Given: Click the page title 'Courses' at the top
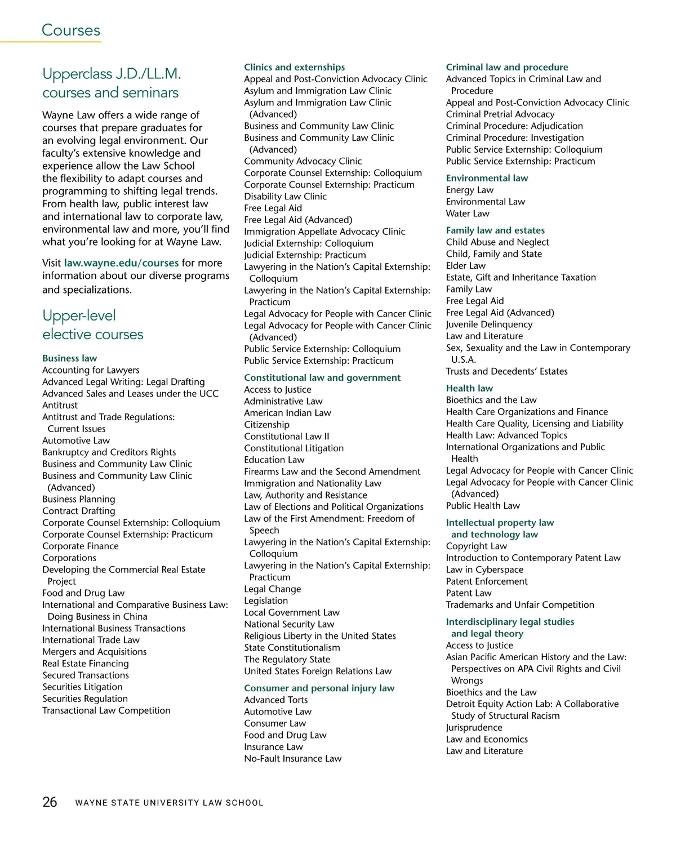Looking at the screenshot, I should (x=71, y=30).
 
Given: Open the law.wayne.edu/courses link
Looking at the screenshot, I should (x=121, y=263).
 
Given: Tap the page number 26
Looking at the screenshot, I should (x=50, y=802).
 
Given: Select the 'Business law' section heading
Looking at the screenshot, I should (x=69, y=358).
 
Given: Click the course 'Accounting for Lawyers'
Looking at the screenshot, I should (x=91, y=370).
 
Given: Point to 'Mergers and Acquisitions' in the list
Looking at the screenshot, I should (x=94, y=652).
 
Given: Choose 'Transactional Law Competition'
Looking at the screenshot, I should (x=106, y=710).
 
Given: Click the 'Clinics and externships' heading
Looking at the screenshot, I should (x=294, y=67).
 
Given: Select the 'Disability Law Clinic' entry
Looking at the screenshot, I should (x=285, y=197).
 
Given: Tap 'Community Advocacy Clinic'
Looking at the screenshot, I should (x=303, y=161).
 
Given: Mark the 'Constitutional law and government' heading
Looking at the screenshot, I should (x=322, y=377).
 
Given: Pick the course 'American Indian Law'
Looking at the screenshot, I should (x=287, y=413).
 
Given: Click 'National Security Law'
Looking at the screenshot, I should (x=289, y=624).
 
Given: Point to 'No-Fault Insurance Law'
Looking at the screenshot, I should (x=292, y=758).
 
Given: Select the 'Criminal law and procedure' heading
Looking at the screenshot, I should (x=507, y=67).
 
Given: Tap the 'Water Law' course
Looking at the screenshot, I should (x=468, y=214).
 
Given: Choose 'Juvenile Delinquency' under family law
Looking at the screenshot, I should (x=489, y=324).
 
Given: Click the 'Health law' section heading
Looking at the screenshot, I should (x=469, y=388).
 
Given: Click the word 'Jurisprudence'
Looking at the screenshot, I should (x=474, y=727).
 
